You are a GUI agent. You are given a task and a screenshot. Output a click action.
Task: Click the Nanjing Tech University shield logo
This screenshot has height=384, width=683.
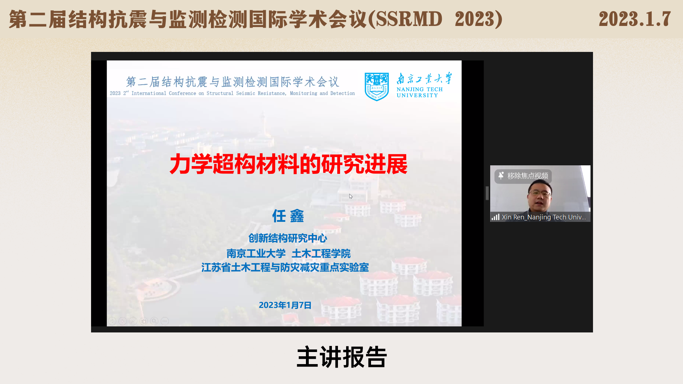[x=376, y=87]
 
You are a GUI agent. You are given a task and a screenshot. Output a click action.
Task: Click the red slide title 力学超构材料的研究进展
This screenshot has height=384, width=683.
[x=288, y=164]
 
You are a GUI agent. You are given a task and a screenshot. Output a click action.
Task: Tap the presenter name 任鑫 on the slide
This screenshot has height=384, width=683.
[x=288, y=216]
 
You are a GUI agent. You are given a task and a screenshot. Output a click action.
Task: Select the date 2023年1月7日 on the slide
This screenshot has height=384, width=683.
[x=285, y=305]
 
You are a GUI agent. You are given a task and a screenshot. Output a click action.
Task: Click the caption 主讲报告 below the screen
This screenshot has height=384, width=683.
[x=341, y=357]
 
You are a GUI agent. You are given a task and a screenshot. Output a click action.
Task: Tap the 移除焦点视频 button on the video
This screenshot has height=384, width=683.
[x=523, y=176]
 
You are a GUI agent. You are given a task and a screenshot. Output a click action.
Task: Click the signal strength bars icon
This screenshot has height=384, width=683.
[x=496, y=217]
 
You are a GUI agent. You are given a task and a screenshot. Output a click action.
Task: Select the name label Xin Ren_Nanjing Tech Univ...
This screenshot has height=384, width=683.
[x=544, y=217]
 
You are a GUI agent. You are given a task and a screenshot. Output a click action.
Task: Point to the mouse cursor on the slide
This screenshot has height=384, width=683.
[x=351, y=196]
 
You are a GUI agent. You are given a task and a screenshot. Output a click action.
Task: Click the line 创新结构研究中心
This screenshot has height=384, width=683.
[x=287, y=238]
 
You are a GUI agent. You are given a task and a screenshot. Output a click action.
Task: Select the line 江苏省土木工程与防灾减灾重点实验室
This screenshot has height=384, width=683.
[x=285, y=267]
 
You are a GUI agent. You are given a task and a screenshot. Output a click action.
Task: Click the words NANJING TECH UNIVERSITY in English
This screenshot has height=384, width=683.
[x=420, y=92]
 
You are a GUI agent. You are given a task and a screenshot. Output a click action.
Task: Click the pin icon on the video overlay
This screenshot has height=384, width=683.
[x=501, y=176]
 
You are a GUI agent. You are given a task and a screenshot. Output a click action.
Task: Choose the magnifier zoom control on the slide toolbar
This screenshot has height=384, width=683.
[x=154, y=321]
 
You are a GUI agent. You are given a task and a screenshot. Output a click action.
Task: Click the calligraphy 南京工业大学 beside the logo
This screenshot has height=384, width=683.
[x=424, y=78]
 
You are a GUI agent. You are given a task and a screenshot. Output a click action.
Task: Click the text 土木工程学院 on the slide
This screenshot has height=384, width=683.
[x=321, y=254]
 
